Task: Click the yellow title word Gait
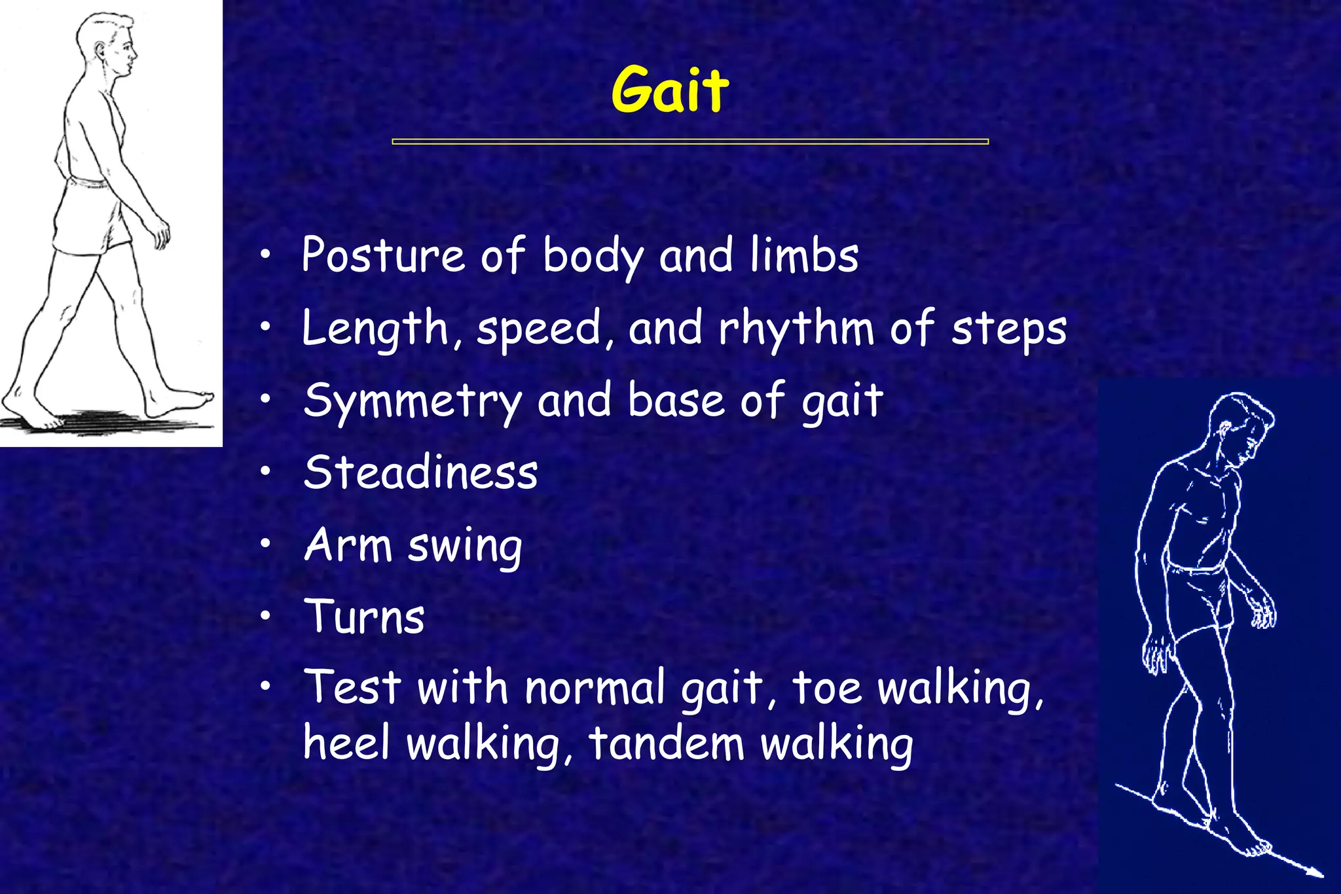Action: (x=670, y=90)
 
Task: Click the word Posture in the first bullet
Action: (x=383, y=255)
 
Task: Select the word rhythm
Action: (x=796, y=328)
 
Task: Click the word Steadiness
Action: (x=420, y=473)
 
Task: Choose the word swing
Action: (x=465, y=546)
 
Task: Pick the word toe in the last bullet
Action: (x=827, y=688)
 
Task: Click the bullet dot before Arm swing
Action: (x=265, y=543)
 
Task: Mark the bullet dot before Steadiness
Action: (x=265, y=471)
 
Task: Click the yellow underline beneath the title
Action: (x=689, y=141)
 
